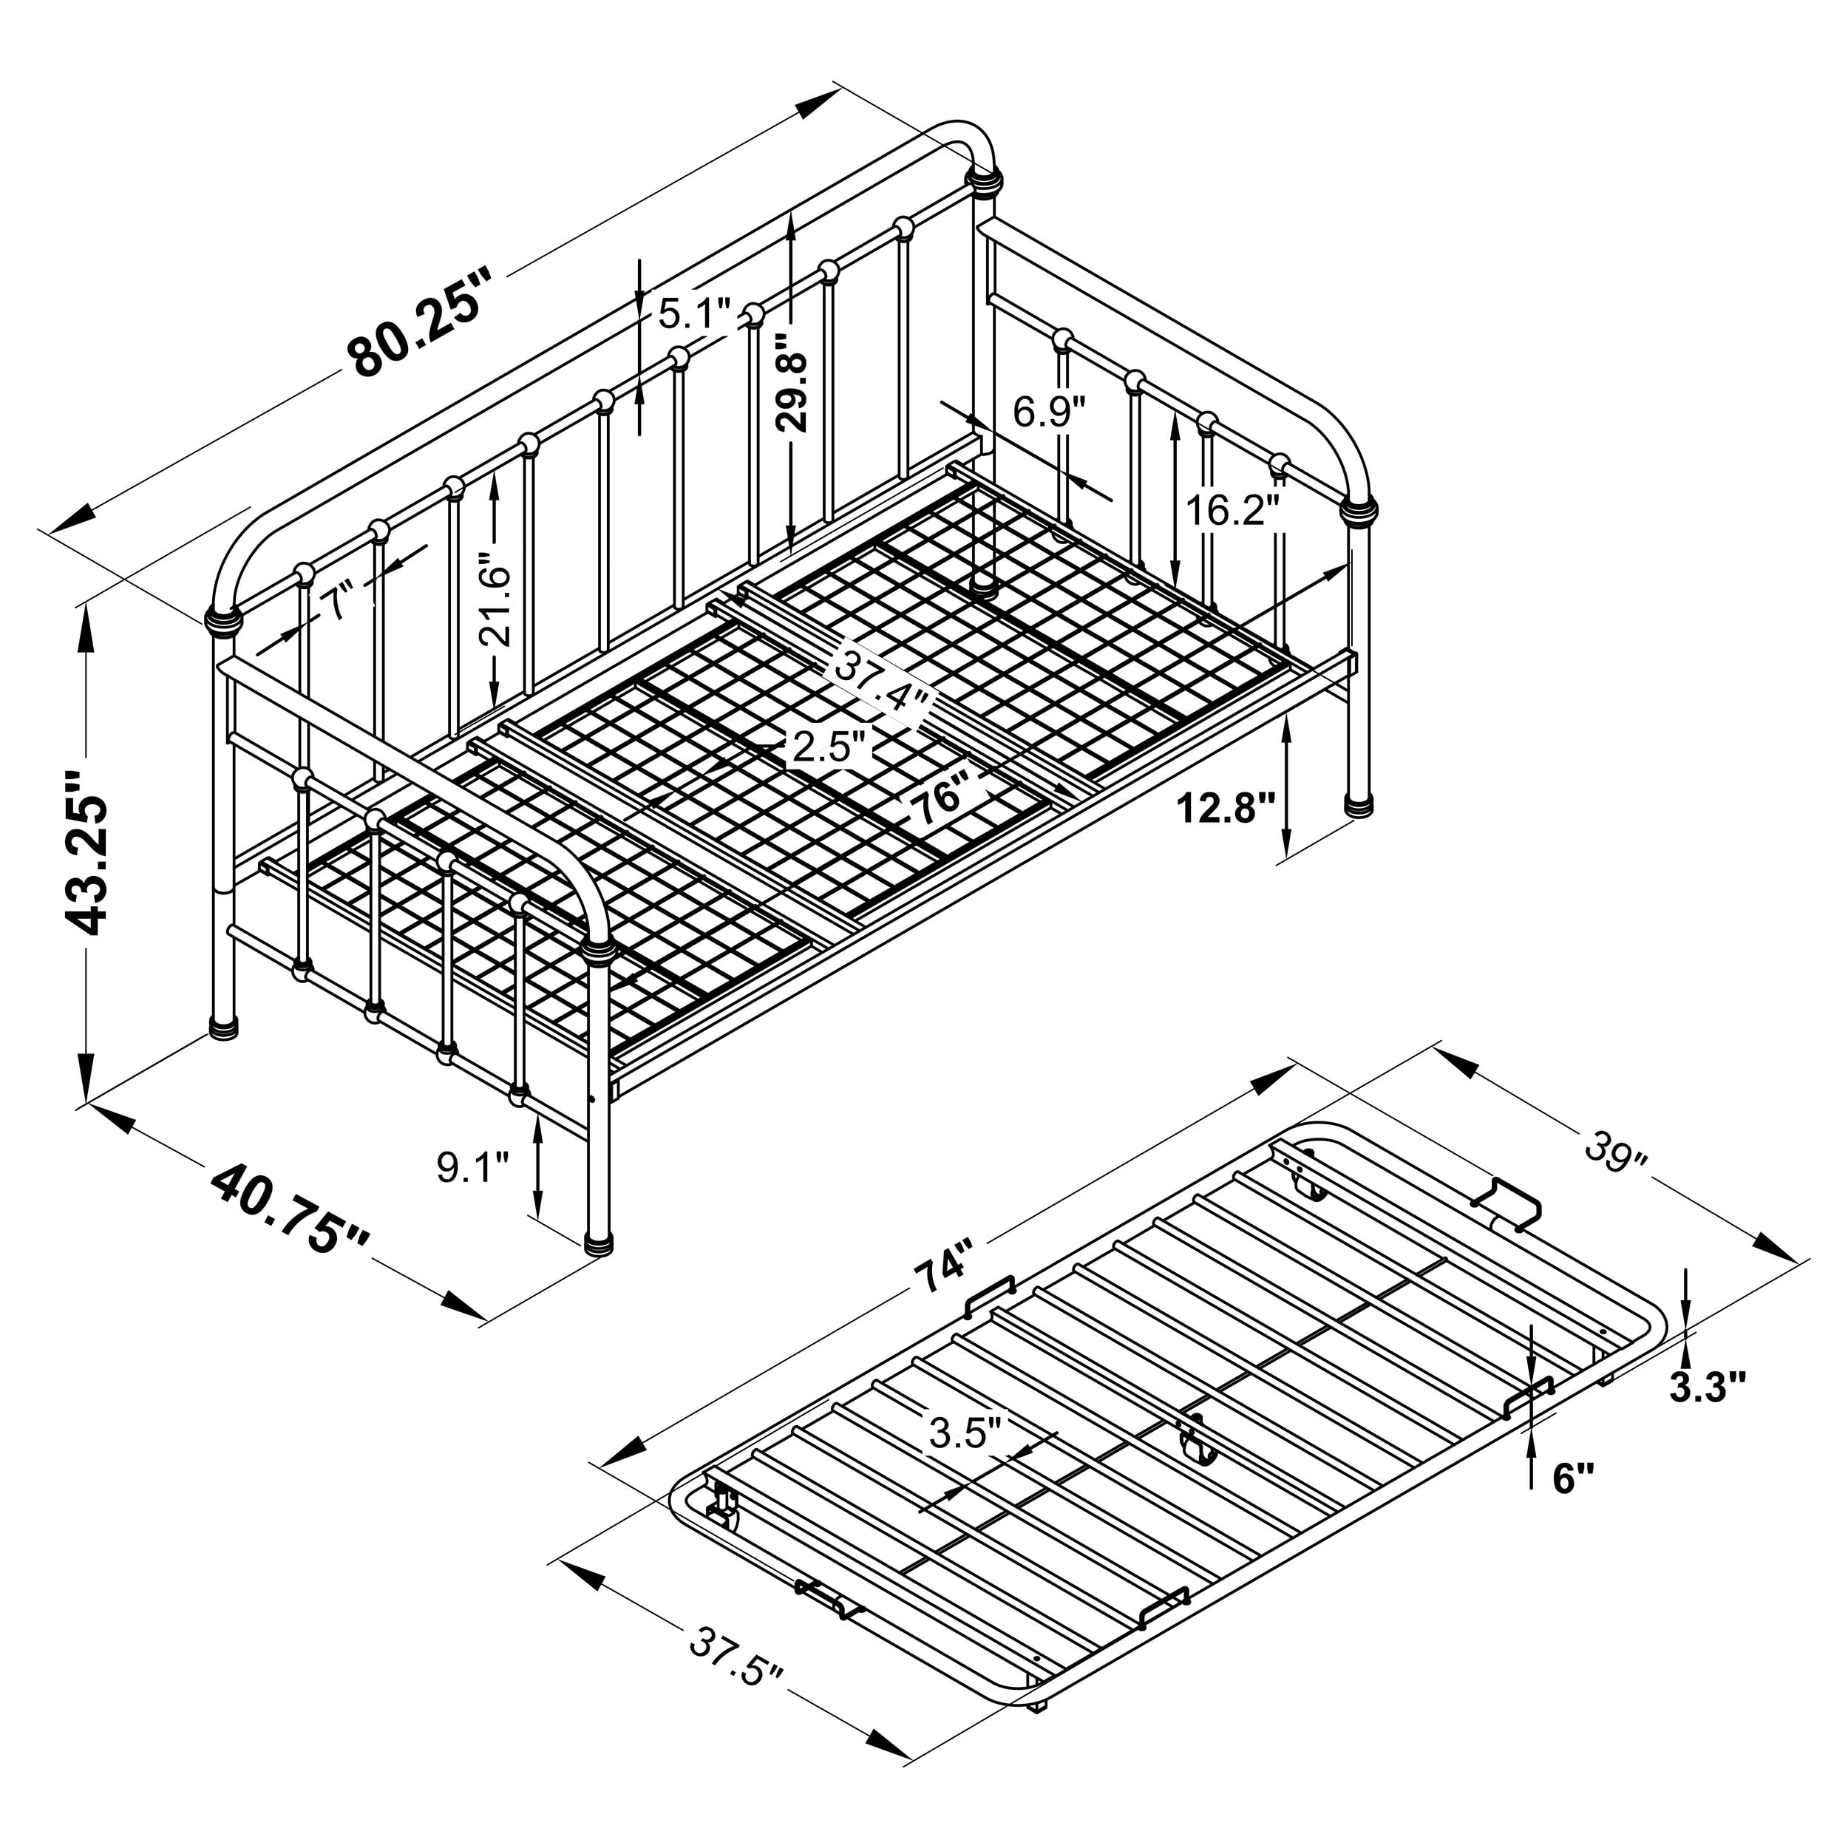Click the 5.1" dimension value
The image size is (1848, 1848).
tap(696, 313)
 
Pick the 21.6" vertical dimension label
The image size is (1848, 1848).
tap(495, 605)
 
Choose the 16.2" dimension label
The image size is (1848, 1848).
tap(1233, 511)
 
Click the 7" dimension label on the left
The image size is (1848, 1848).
tap(336, 604)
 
